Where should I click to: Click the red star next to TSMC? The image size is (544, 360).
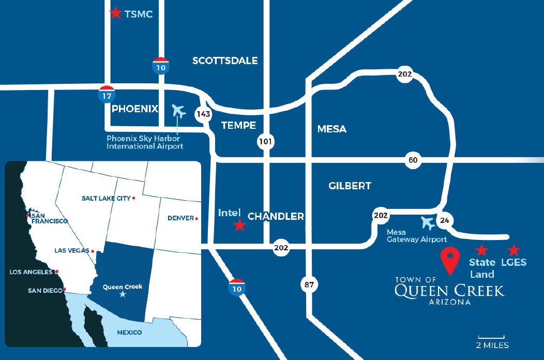pyautogui.click(x=115, y=13)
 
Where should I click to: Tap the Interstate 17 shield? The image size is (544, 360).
pyautogui.click(x=107, y=94)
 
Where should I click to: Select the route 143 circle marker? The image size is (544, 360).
pyautogui.click(x=202, y=114)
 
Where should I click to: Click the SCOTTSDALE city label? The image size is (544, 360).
pyautogui.click(x=225, y=61)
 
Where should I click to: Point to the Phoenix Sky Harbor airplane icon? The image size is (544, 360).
pyautogui.click(x=179, y=111)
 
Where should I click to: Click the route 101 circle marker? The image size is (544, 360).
pyautogui.click(x=266, y=141)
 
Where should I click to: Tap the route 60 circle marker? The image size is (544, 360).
pyautogui.click(x=413, y=160)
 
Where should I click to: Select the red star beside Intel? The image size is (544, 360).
pyautogui.click(x=239, y=226)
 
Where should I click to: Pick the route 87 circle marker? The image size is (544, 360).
pyautogui.click(x=308, y=284)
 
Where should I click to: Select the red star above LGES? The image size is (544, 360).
pyautogui.click(x=513, y=250)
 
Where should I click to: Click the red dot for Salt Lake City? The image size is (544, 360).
pyautogui.click(x=134, y=198)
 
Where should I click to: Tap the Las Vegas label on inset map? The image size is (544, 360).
pyautogui.click(x=72, y=251)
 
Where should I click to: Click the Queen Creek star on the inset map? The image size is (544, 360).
pyautogui.click(x=123, y=294)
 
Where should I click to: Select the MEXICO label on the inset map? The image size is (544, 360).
pyautogui.click(x=129, y=332)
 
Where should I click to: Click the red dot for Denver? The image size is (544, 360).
pyautogui.click(x=197, y=219)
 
